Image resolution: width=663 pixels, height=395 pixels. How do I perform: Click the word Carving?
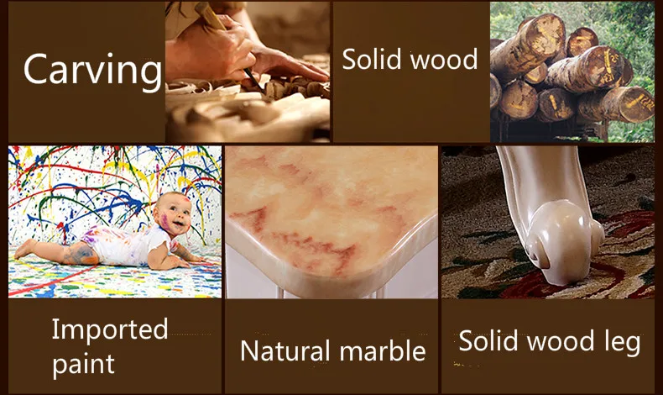[x=92, y=71]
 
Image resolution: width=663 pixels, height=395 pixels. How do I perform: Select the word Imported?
[x=110, y=330]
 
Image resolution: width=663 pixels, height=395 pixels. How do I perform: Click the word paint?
[x=83, y=364]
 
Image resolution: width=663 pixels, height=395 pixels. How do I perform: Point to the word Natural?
[x=285, y=350]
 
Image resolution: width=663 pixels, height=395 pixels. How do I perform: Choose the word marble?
[x=383, y=350]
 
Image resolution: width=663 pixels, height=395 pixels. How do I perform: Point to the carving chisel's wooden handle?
[x=210, y=15]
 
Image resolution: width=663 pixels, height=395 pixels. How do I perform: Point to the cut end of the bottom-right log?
[x=636, y=104]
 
